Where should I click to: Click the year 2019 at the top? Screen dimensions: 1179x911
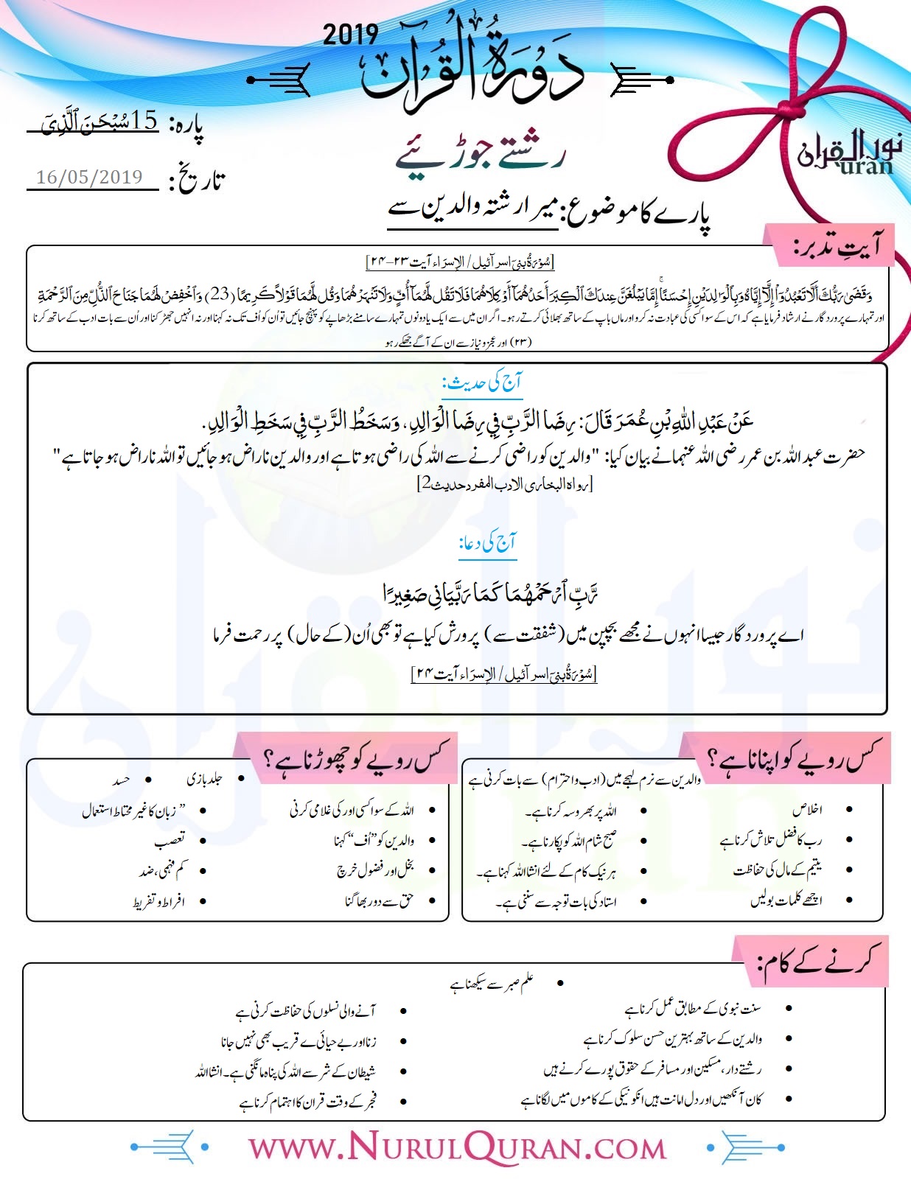pos(350,35)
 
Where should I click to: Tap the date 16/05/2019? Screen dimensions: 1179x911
pos(89,178)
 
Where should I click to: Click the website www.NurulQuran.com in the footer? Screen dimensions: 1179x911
pos(457,1147)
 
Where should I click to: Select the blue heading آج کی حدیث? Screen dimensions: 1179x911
pos(482,382)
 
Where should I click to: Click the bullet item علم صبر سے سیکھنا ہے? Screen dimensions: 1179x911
pos(492,984)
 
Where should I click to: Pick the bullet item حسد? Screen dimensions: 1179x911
pos(121,780)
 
